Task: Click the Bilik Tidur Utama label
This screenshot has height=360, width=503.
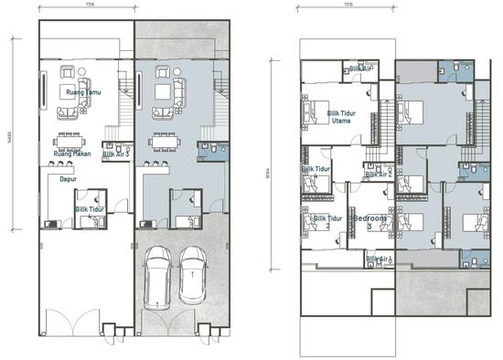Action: point(340,116)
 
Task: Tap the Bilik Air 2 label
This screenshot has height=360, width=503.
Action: point(378,173)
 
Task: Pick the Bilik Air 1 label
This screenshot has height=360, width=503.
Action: point(379,259)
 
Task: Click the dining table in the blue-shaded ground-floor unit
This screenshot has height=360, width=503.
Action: point(167,141)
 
